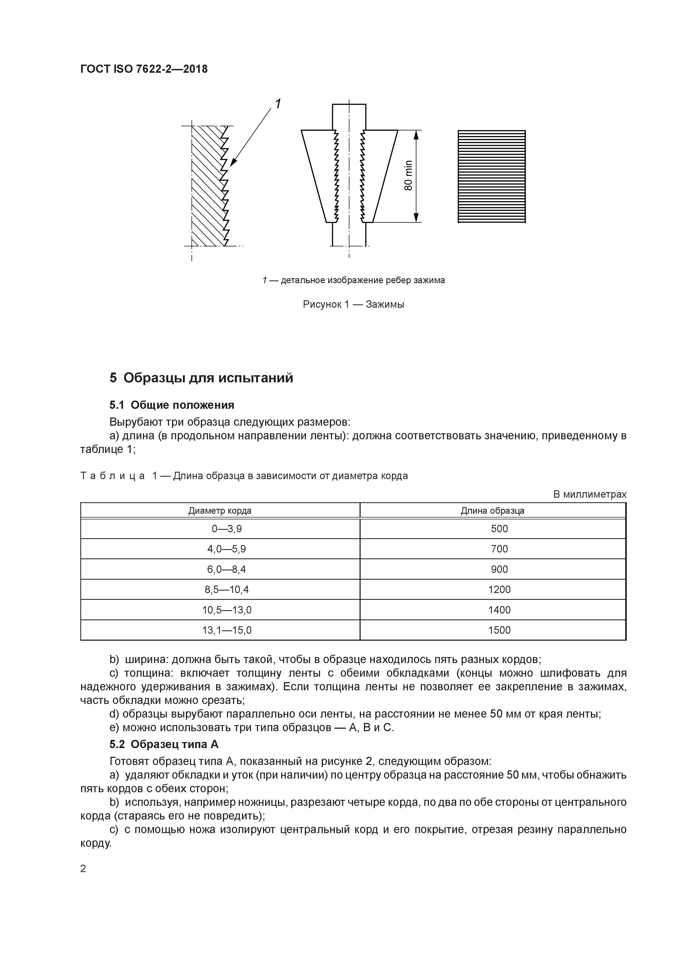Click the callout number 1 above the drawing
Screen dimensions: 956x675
tap(277, 103)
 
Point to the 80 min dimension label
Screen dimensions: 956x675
tap(409, 176)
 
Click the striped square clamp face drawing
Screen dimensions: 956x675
tap(492, 177)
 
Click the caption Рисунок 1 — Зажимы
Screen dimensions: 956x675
tap(353, 304)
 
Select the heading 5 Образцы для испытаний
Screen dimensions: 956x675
tap(201, 378)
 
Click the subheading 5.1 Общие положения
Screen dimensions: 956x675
tap(172, 405)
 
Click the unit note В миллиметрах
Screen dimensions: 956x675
tap(589, 495)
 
